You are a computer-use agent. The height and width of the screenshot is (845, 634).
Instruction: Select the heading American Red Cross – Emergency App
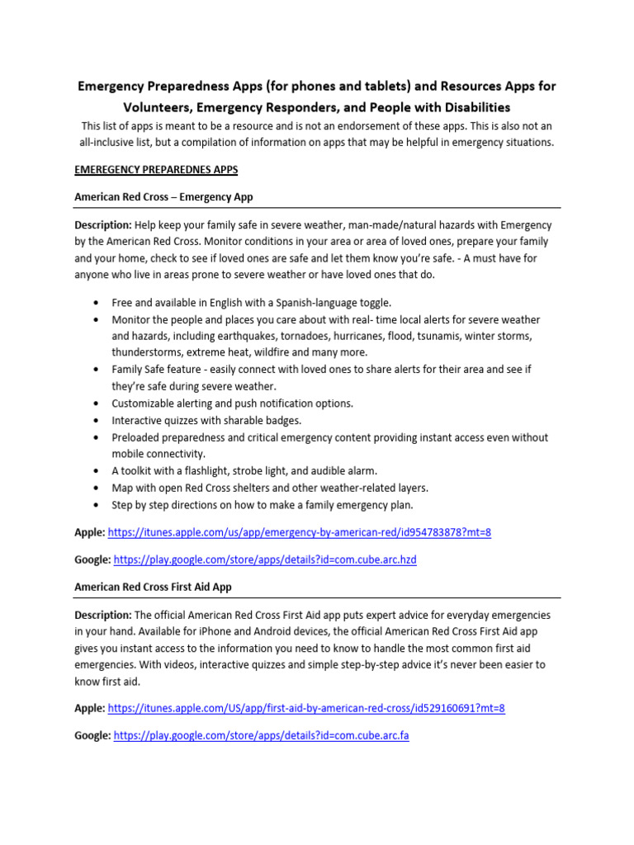coord(163,197)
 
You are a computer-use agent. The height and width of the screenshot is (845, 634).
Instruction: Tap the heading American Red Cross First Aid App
coord(153,587)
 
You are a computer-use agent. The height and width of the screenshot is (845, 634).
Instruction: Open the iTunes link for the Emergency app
coord(299,532)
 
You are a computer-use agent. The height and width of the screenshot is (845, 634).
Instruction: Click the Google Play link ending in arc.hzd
coord(265,559)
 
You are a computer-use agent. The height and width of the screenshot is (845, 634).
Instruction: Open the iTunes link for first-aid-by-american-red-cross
coord(306,708)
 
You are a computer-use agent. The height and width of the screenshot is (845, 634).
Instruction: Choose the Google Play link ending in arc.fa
coord(261,735)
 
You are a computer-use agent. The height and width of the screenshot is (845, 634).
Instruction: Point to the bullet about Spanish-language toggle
coord(252,303)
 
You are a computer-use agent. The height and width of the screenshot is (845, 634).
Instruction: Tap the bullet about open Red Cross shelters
coord(270,487)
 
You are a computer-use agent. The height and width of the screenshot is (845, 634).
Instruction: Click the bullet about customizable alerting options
coord(232,404)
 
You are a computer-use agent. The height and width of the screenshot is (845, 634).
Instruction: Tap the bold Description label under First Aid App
coord(103,615)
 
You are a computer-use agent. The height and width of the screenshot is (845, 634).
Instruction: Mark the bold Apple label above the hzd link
coord(89,532)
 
